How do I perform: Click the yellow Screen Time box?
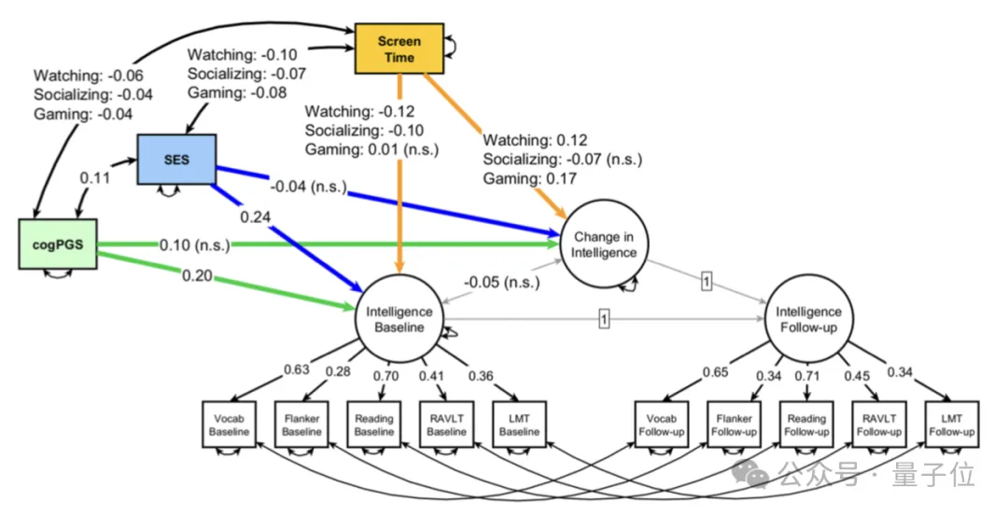[398, 49]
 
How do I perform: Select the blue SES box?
[176, 160]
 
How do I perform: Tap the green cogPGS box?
[59, 244]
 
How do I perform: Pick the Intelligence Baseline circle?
[399, 320]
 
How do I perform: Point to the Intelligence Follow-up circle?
[808, 320]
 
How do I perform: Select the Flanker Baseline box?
[301, 425]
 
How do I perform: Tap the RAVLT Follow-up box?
[878, 425]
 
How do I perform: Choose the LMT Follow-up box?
[951, 425]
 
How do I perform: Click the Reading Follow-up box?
[805, 425]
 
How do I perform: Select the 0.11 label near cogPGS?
[96, 177]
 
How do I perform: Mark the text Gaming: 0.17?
[528, 178]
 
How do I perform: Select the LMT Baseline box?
[519, 425]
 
